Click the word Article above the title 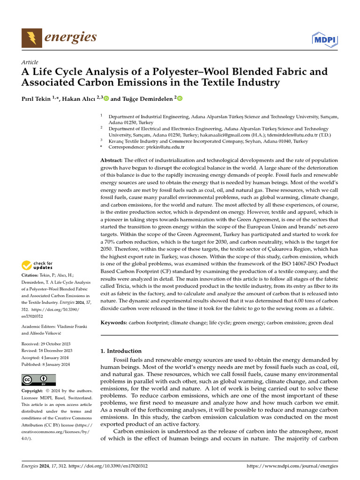pyautogui.click(x=30, y=62)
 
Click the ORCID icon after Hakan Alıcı pyautogui.click(x=105, y=98)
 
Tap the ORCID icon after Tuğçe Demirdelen pyautogui.click(x=180, y=98)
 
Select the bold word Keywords pyautogui.click(x=114, y=323)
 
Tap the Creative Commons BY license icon pyautogui.click(x=38, y=379)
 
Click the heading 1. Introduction pyautogui.click(x=121, y=351)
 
